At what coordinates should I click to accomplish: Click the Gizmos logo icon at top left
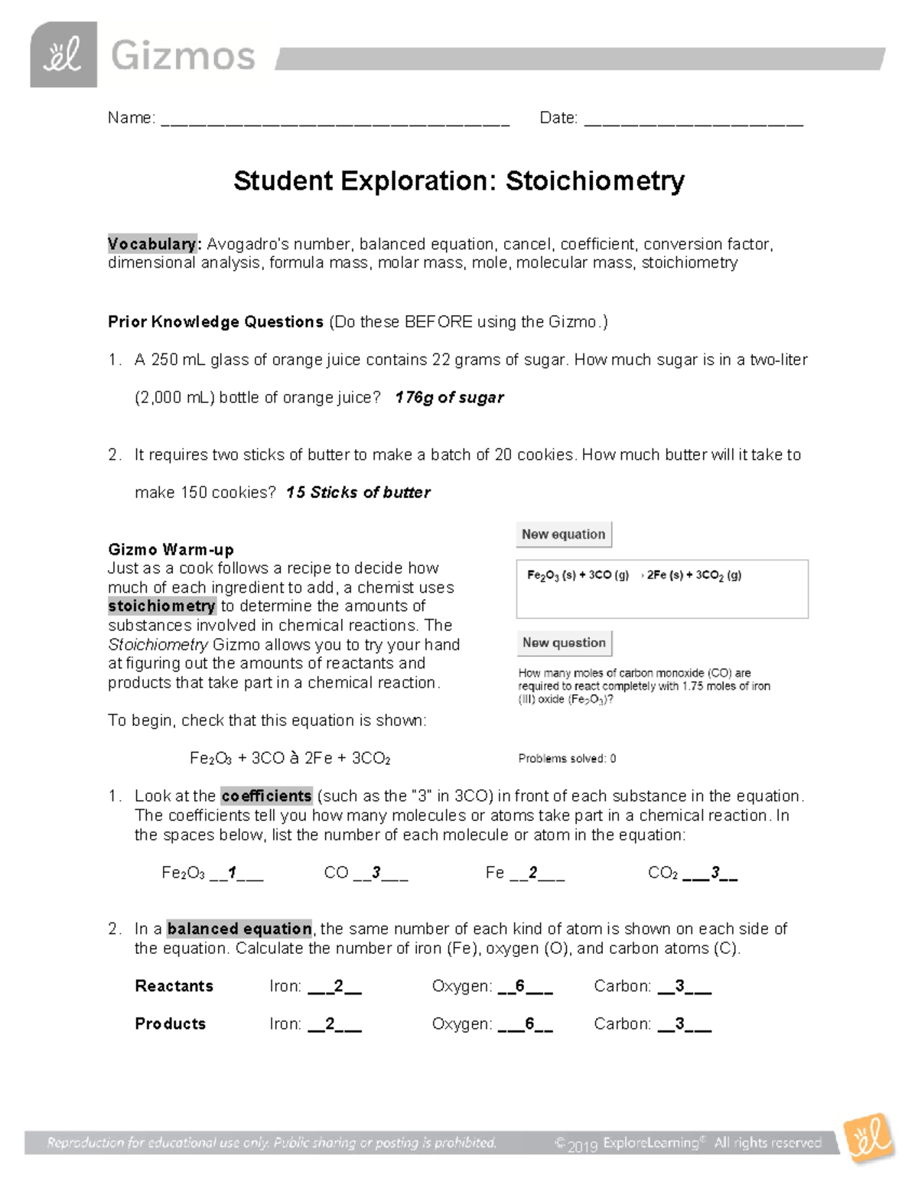tap(63, 55)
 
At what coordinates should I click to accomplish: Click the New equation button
tap(564, 535)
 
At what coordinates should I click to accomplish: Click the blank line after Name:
tap(335, 119)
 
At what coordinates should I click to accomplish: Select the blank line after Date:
tap(693, 119)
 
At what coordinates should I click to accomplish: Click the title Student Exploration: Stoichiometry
tap(459, 181)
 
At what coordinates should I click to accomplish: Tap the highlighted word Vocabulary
tap(152, 244)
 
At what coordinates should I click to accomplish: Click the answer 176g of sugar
tap(449, 398)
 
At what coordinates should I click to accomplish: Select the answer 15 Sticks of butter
tap(358, 493)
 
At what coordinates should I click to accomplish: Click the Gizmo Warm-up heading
tap(171, 549)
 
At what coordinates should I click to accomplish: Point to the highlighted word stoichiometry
tap(161, 607)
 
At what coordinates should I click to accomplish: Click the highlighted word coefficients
tap(266, 796)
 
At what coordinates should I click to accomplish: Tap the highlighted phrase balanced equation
tap(239, 929)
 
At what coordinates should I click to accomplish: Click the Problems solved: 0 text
tap(567, 759)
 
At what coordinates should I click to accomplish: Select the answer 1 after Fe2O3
tap(233, 873)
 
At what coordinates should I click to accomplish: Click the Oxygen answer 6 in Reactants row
tap(520, 986)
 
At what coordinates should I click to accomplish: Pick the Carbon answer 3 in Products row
tap(679, 1024)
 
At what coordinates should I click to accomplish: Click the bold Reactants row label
tap(174, 986)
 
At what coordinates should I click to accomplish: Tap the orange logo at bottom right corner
tap(869, 1140)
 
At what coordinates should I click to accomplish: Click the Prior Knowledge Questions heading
tap(216, 322)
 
